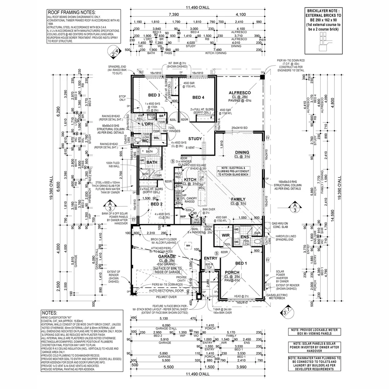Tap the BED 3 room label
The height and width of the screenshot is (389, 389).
(x=154, y=95)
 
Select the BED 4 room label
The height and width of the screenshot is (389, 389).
(x=198, y=97)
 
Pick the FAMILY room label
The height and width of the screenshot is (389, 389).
(x=238, y=199)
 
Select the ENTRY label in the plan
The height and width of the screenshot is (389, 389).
(x=210, y=259)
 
